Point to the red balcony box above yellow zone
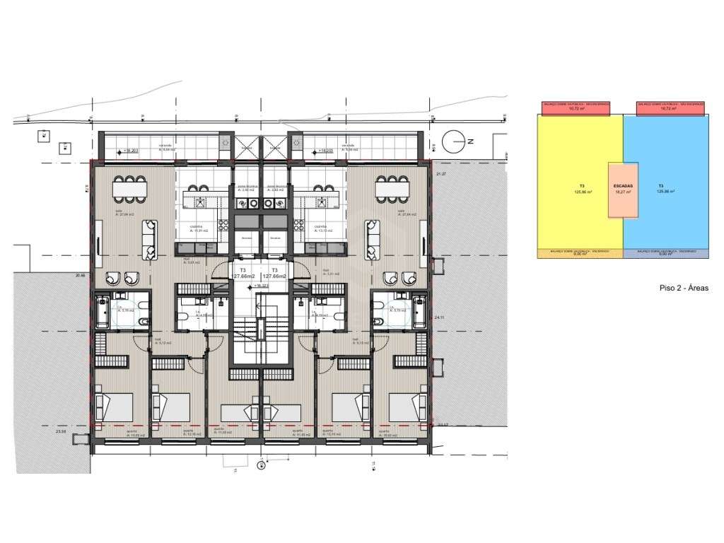[x=576, y=107]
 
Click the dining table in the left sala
[x=130, y=189]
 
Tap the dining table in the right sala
[x=392, y=189]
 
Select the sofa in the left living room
[x=151, y=240]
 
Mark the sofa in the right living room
[x=372, y=240]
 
